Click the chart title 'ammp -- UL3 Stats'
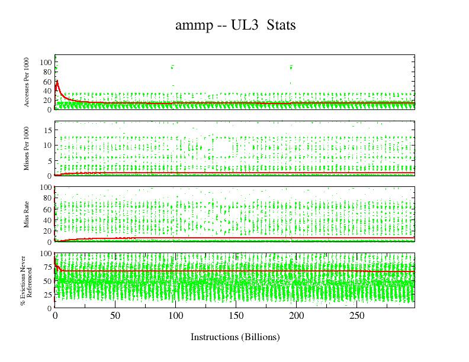pos(235,25)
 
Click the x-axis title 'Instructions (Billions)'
pos(235,337)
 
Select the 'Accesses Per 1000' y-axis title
pos(27,82)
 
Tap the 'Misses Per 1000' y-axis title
pos(27,148)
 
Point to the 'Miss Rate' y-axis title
pos(27,214)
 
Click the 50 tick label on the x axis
pos(115,316)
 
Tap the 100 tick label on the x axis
pos(175,316)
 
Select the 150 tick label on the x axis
pos(236,316)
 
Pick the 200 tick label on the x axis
pos(296,316)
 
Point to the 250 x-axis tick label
pos(356,316)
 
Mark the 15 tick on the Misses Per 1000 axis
pos(47,130)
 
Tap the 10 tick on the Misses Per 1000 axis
pos(47,145)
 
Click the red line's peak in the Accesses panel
pos(57,81)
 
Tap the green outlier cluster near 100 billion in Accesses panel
pos(172,67)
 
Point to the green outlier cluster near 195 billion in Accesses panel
pos(291,67)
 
